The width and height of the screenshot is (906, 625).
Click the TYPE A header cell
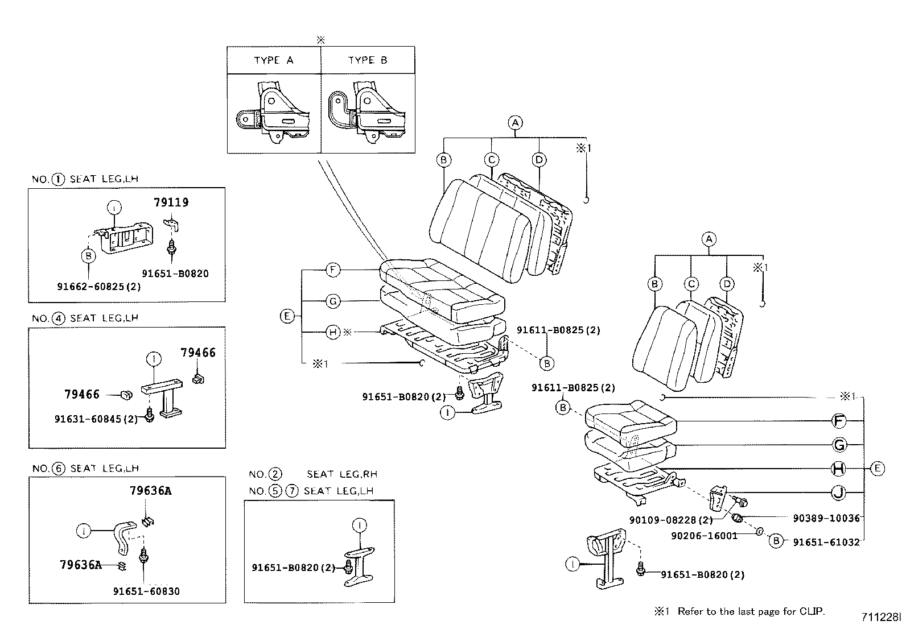274,60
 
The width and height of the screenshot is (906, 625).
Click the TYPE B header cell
368,60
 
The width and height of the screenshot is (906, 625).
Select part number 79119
171,202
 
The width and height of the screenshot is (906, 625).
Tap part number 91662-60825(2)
98,287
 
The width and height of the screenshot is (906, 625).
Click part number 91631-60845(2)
96,419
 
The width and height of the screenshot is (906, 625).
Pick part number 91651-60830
146,591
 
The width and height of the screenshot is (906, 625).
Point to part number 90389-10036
826,518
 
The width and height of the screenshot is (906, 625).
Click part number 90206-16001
704,536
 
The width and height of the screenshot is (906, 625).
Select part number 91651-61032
826,543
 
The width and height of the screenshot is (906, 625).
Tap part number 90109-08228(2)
671,520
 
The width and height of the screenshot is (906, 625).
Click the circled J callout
838,492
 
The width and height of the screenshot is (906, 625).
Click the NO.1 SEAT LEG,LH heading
85,179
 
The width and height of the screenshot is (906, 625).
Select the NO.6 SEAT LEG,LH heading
85,469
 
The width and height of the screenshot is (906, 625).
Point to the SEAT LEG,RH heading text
341,474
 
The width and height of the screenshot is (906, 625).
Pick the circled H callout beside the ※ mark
333,332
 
